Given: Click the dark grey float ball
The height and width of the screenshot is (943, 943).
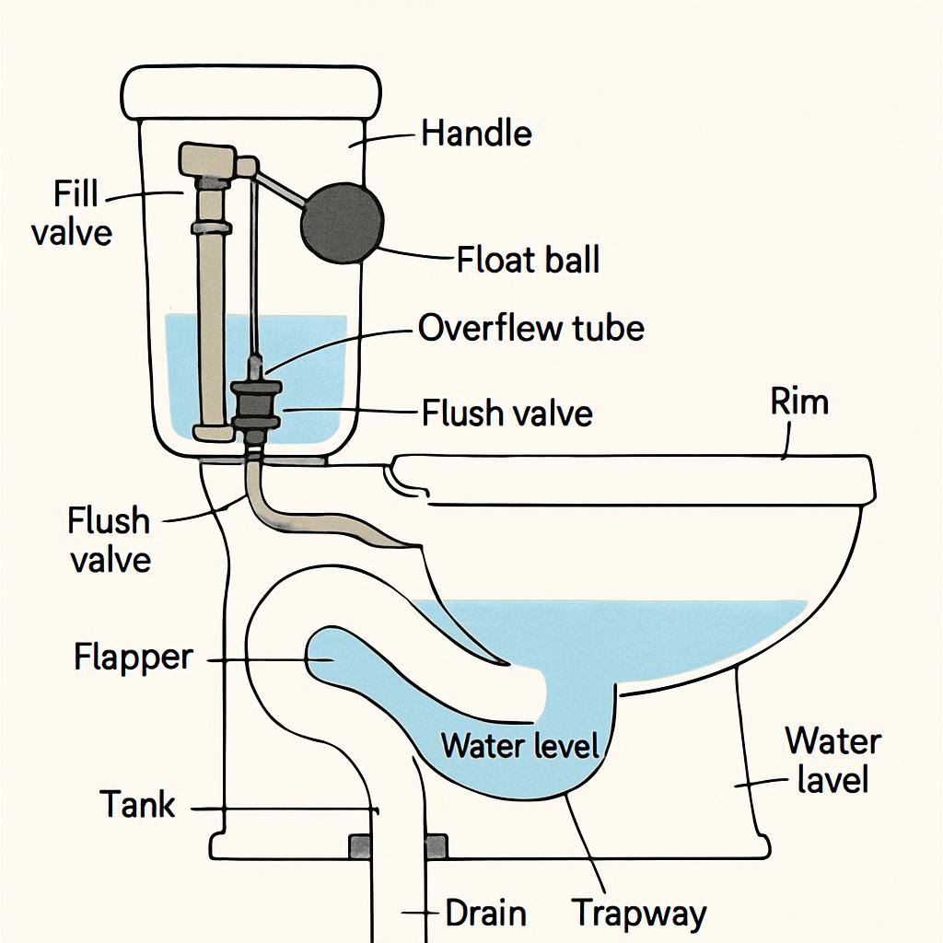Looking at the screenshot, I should tap(341, 223).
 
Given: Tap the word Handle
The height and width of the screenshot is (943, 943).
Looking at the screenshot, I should tap(476, 134).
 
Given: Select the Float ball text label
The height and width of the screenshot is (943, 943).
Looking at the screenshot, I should tap(528, 260).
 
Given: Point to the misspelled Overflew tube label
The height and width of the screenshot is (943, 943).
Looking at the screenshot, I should tap(531, 328).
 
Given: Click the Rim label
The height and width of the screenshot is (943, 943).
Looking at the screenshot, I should tap(799, 402).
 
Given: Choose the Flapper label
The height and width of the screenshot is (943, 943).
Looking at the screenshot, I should tap(134, 658).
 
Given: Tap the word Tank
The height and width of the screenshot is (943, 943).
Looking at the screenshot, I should tap(137, 804).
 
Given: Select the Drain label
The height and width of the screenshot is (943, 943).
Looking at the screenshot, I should tap(485, 914).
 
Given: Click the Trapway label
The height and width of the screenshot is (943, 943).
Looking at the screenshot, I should tap(639, 914).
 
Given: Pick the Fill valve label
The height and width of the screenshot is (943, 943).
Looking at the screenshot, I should tap(71, 214).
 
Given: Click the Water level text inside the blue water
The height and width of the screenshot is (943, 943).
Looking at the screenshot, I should tap(520, 744).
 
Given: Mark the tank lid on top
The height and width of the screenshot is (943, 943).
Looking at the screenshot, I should tap(251, 91).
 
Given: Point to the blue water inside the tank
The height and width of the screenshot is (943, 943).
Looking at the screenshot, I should tap(304, 368).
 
